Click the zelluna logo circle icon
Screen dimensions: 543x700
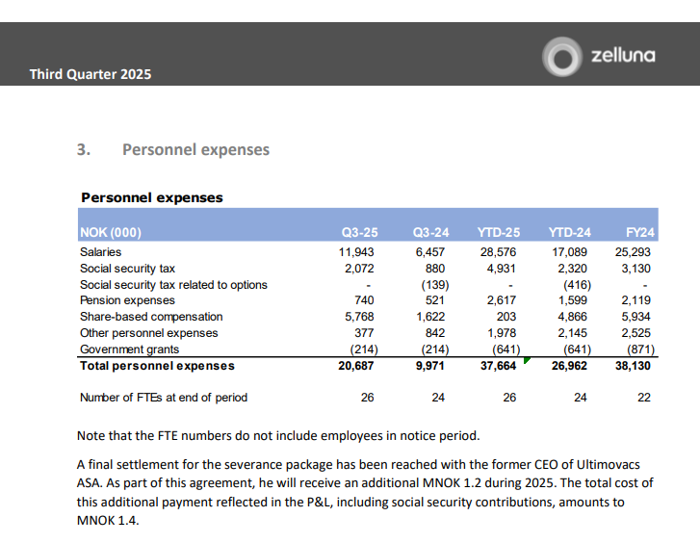point(560,56)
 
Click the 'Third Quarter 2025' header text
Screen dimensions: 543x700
point(90,73)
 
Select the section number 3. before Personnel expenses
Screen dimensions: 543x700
point(83,149)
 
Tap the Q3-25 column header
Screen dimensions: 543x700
point(359,233)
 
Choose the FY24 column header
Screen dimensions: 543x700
point(640,233)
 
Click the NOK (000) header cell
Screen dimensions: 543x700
point(111,233)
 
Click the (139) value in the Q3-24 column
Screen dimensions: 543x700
point(432,284)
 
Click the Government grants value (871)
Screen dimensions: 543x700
point(639,349)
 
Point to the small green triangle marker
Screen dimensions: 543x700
point(526,362)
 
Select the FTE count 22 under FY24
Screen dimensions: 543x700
point(644,398)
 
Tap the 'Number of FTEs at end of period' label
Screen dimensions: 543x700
point(164,398)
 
